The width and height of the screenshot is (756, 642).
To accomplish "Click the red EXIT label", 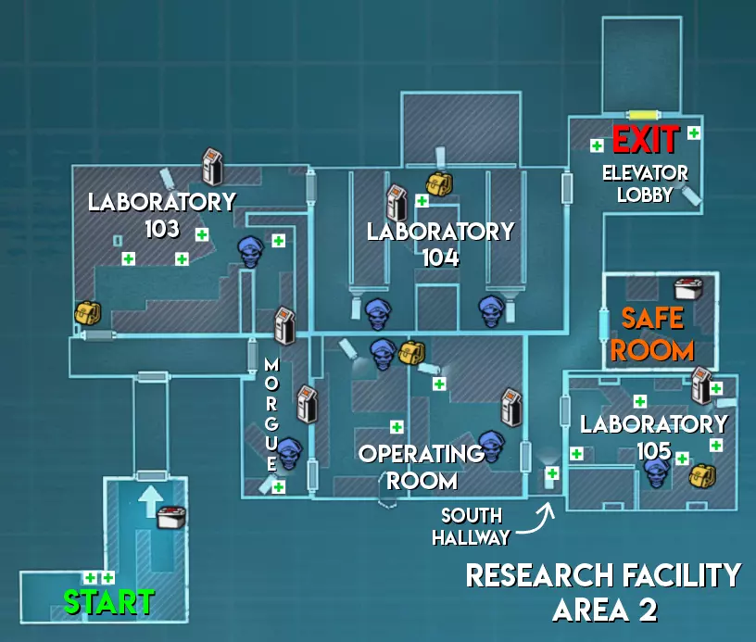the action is pos(646,140).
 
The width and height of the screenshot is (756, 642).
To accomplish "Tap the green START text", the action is pos(109,602).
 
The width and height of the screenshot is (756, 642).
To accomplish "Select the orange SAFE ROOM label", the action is pos(652,334).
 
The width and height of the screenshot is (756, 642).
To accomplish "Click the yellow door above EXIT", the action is pos(643,115).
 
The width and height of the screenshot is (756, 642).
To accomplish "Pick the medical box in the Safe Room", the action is pos(688,288).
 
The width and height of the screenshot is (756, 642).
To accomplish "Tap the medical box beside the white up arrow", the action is pos(171,517).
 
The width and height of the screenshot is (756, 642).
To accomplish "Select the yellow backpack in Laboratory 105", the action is pos(702,476).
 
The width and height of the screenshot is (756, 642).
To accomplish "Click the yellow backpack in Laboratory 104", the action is pos(439,183).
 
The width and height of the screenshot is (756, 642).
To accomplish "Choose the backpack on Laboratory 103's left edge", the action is pos(88,314).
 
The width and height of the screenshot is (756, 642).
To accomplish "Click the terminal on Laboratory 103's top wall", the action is pos(212,167).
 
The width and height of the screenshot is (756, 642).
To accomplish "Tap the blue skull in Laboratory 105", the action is pos(657,472).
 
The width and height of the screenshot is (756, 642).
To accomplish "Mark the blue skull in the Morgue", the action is pos(289,453).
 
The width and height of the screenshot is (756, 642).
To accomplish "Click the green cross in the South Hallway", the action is pos(552,473).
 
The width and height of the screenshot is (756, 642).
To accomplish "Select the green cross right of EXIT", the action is pos(694,132).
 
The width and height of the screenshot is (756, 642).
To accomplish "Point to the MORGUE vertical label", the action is pos(271,414).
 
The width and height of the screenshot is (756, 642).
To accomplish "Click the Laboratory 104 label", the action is pos(441,245).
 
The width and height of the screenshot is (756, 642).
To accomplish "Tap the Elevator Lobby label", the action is pos(645,184).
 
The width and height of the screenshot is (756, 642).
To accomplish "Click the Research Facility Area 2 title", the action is pos(604,592).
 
